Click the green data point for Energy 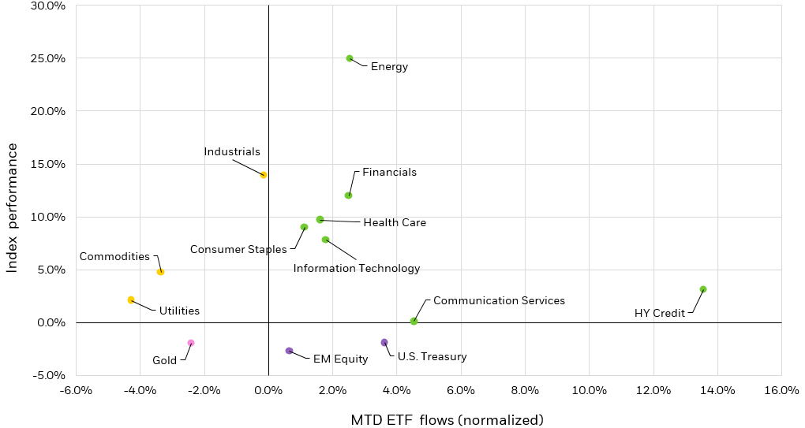point(350,58)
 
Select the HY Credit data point point(703,289)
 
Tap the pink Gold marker point(191,343)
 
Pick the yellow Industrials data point point(264,175)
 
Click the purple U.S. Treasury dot point(384,342)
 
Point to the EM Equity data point point(289,351)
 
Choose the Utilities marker point(131,300)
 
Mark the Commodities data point point(160,272)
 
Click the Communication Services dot point(414,321)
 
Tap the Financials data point point(348,195)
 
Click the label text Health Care point(395,223)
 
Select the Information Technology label point(357,269)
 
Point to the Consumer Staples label point(238,250)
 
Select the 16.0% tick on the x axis point(781,391)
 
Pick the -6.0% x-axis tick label point(76,391)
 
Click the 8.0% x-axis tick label point(525,391)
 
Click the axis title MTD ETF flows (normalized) point(447,419)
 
